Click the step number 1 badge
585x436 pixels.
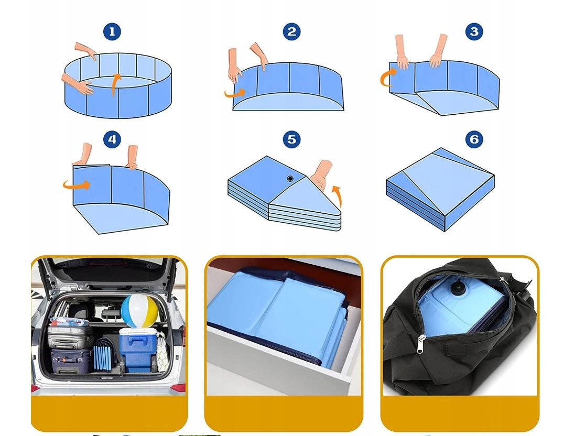click(112, 31)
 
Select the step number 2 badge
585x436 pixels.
click(291, 31)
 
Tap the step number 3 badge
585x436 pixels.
click(474, 31)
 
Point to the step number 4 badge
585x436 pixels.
click(112, 139)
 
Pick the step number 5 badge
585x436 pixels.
click(291, 139)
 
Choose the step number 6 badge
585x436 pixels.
click(474, 139)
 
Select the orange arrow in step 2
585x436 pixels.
click(235, 93)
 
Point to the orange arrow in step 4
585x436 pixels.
click(77, 185)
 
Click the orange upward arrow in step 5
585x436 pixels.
click(338, 196)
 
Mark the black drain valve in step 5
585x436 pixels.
click(290, 179)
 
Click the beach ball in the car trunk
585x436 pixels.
click(139, 311)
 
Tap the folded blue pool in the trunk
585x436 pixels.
click(103, 354)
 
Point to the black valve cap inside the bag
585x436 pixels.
click(456, 287)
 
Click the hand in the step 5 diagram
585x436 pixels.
click(322, 175)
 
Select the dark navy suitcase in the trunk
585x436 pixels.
click(71, 361)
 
